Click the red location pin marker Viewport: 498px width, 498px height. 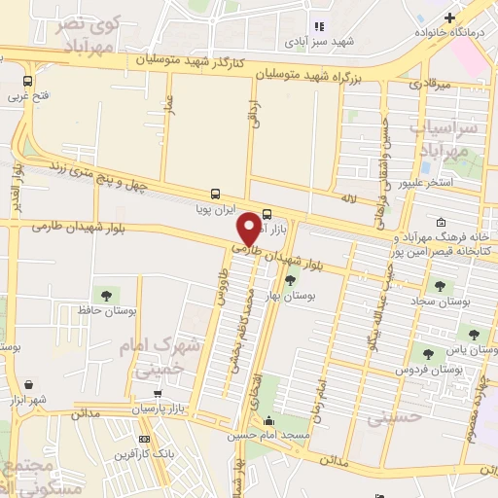click(x=249, y=228)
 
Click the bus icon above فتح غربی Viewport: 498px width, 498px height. click(x=26, y=82)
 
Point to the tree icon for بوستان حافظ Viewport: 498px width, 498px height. click(x=104, y=295)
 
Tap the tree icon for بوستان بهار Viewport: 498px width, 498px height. click(x=290, y=280)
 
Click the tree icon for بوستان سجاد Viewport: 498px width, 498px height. click(x=441, y=286)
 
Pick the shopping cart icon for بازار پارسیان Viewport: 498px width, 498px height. click(x=159, y=395)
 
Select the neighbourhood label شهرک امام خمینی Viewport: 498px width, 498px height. click(x=161, y=357)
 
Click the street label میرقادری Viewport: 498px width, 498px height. click(x=429, y=86)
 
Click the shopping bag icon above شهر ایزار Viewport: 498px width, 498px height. click(x=30, y=385)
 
